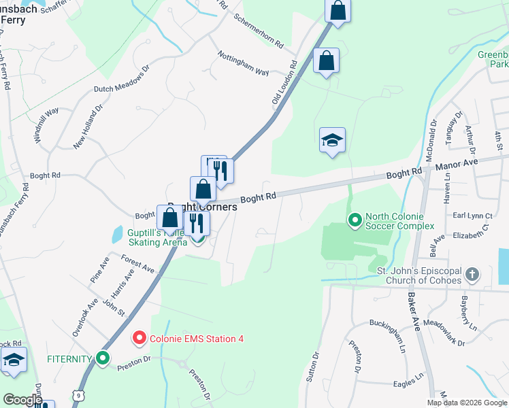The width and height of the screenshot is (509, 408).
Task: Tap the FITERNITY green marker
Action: coord(103,358)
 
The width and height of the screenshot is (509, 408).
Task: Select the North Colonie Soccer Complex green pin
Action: coord(355,220)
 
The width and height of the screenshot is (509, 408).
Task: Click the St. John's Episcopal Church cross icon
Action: coord(472,275)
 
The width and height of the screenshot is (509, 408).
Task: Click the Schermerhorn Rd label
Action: coord(258,31)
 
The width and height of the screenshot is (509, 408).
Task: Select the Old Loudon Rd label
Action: coord(285,83)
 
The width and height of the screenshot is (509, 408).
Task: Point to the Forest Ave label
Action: coord(138,265)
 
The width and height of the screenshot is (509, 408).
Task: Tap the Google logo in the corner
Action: coord(22,400)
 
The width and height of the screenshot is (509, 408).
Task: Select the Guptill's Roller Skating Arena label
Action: coord(146,236)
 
